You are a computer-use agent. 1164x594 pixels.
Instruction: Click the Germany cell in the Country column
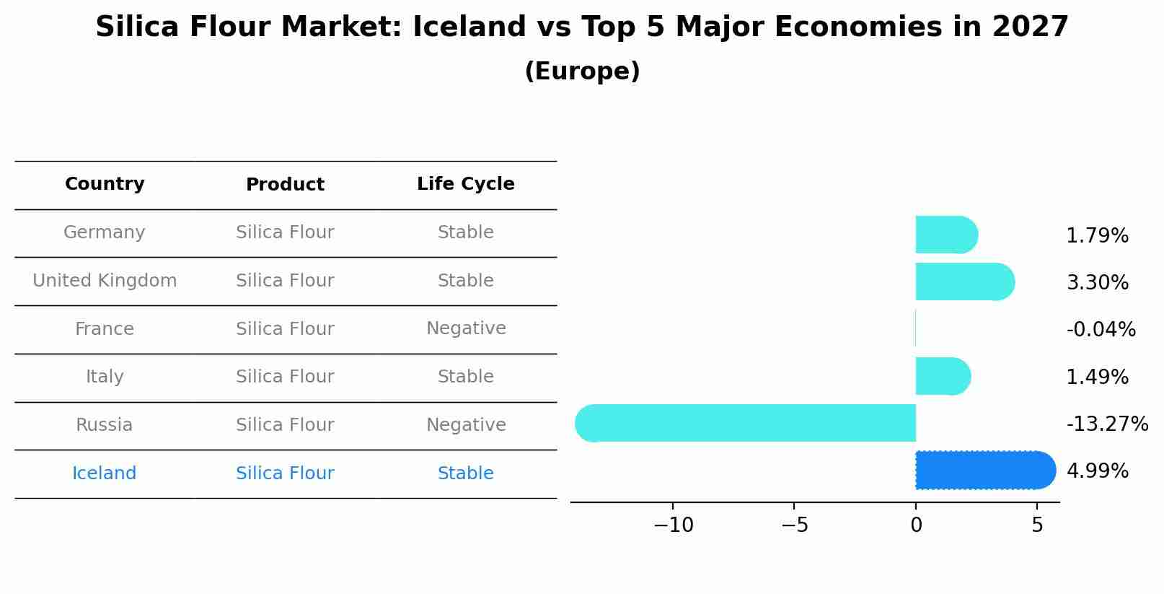click(x=105, y=232)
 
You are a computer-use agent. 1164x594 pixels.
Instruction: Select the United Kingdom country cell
click(x=105, y=281)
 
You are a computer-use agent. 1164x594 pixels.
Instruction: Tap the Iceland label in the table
click(x=105, y=473)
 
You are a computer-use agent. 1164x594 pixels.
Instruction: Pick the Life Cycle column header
click(x=466, y=184)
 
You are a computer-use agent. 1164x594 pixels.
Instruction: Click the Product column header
click(x=285, y=185)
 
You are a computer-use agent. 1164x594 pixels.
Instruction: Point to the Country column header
click(x=105, y=184)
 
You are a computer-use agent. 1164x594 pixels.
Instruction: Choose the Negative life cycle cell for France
click(x=466, y=328)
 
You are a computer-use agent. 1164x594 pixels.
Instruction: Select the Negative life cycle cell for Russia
click(x=466, y=425)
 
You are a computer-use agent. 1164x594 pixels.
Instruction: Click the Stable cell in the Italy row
click(x=466, y=377)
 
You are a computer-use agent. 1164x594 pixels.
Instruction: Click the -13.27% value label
click(x=1107, y=424)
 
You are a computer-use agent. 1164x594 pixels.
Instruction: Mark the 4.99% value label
click(x=1097, y=471)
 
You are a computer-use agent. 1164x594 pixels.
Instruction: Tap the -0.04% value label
click(x=1101, y=330)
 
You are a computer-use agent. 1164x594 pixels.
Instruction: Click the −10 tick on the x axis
click(x=673, y=525)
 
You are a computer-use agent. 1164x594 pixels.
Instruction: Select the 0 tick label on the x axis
click(x=916, y=525)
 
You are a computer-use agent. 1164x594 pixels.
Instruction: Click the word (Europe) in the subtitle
click(x=582, y=71)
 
